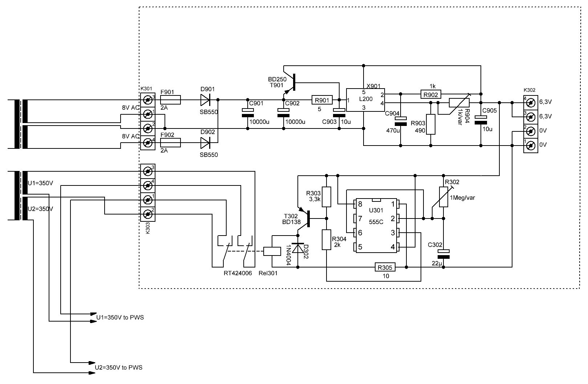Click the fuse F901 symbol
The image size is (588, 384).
170,100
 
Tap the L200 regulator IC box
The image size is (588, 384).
365,100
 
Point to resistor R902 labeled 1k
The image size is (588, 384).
431,94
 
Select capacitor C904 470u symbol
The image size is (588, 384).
401,121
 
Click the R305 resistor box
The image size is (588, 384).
385,267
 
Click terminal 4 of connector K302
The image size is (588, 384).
530,103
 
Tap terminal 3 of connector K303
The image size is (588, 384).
148,171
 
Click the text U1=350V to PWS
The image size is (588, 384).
120,318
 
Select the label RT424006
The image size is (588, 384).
238,273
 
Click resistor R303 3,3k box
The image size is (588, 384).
327,197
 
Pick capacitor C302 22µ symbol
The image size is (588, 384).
443,254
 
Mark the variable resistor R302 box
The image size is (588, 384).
443,197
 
